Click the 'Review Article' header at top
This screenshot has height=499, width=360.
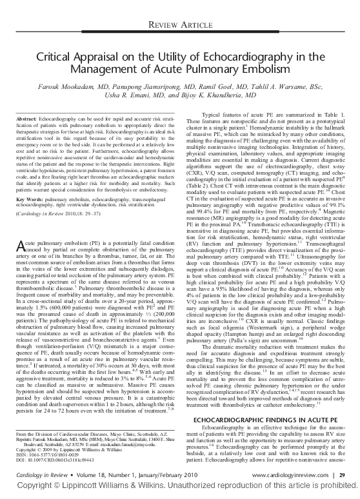pyautogui.click(x=180, y=24)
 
